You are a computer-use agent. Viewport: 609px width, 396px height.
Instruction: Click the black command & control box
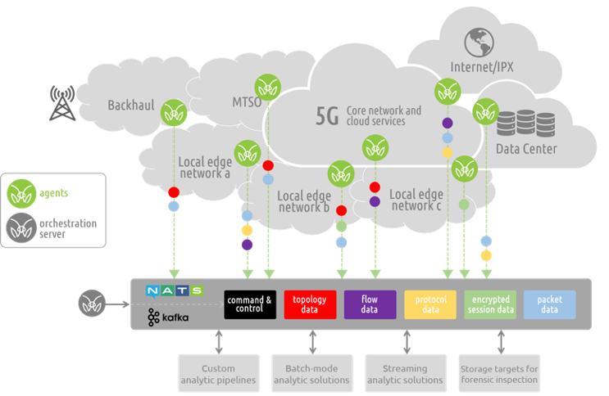248,304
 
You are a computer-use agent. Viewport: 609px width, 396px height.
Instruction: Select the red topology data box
311,304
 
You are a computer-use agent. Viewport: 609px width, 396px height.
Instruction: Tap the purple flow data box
370,304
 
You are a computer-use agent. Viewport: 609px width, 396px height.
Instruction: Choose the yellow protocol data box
430,304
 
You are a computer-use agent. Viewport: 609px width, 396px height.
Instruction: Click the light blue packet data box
549,304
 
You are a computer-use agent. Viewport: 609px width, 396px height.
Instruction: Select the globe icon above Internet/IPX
476,42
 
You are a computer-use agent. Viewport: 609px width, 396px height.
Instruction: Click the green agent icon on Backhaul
173,112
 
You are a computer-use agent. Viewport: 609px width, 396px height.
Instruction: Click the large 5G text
327,115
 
